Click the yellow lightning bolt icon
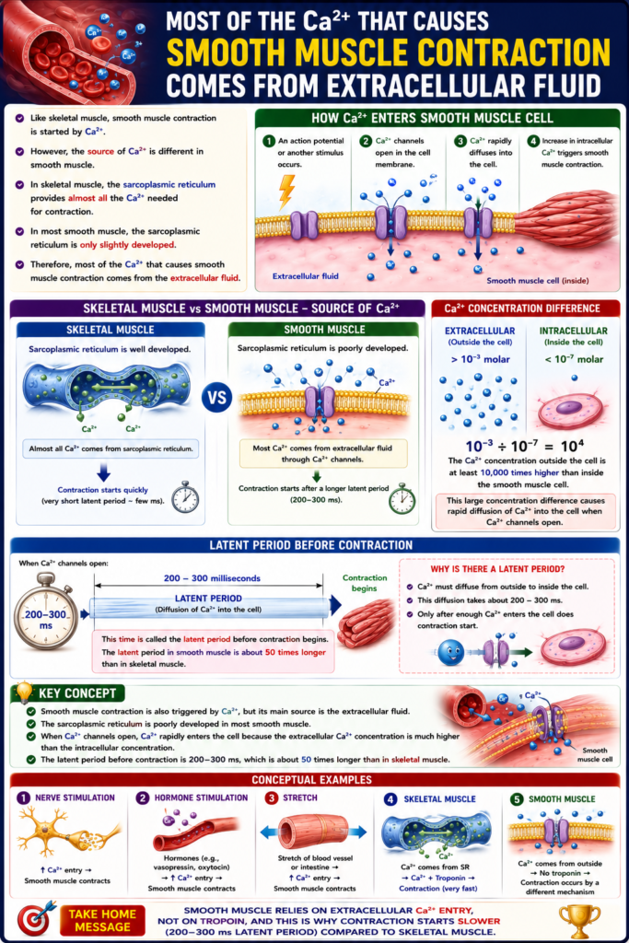click(287, 192)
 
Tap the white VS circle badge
click(217, 398)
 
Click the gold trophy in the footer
click(579, 921)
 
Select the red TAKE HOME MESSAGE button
click(102, 921)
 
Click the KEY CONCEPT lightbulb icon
click(24, 693)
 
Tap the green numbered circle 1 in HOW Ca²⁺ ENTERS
click(269, 141)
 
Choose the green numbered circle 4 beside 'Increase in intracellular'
click(533, 141)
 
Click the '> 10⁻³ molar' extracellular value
click(480, 359)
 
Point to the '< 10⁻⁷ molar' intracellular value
click(573, 359)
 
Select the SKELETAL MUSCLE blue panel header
click(111, 330)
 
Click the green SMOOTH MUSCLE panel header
click(323, 330)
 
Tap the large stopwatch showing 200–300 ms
click(46, 611)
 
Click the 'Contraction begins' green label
click(365, 583)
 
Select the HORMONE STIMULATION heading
click(201, 798)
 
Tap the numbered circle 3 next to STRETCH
click(272, 798)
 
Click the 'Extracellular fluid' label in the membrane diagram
click(306, 276)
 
